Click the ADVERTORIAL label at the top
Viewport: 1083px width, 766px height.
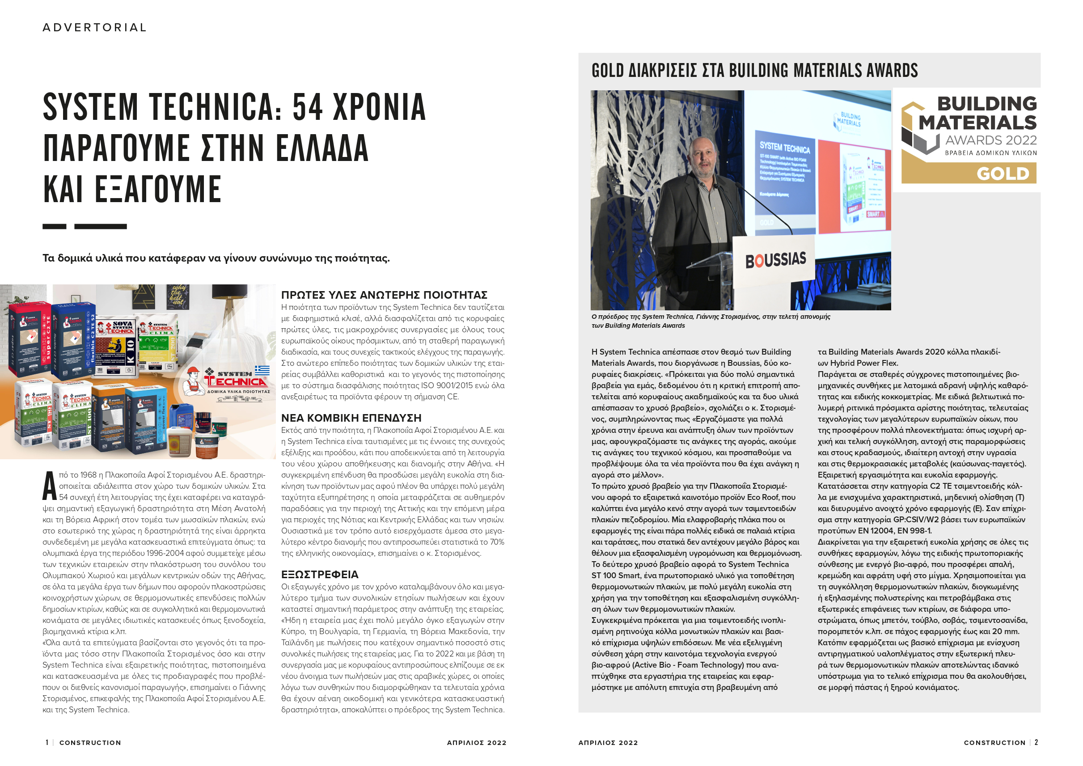point(95,28)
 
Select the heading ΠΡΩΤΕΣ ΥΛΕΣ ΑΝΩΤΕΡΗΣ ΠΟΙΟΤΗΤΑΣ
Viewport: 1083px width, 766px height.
point(384,295)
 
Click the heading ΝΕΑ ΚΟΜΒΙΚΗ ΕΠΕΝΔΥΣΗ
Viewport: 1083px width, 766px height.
point(351,418)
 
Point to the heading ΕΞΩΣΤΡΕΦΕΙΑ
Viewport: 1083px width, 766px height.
point(320,575)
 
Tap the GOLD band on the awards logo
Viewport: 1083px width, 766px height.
point(969,174)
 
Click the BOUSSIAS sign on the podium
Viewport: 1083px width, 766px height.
point(775,259)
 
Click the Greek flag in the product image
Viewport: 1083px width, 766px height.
point(262,370)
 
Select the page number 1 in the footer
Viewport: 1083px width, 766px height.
point(47,743)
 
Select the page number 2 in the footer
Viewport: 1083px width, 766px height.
point(1036,743)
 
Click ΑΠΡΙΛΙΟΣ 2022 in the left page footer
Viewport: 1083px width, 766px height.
point(476,743)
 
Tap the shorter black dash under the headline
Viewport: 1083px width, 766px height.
point(54,226)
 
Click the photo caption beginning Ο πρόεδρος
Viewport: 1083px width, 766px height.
point(711,321)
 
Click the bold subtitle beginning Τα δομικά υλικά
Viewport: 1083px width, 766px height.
point(216,258)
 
